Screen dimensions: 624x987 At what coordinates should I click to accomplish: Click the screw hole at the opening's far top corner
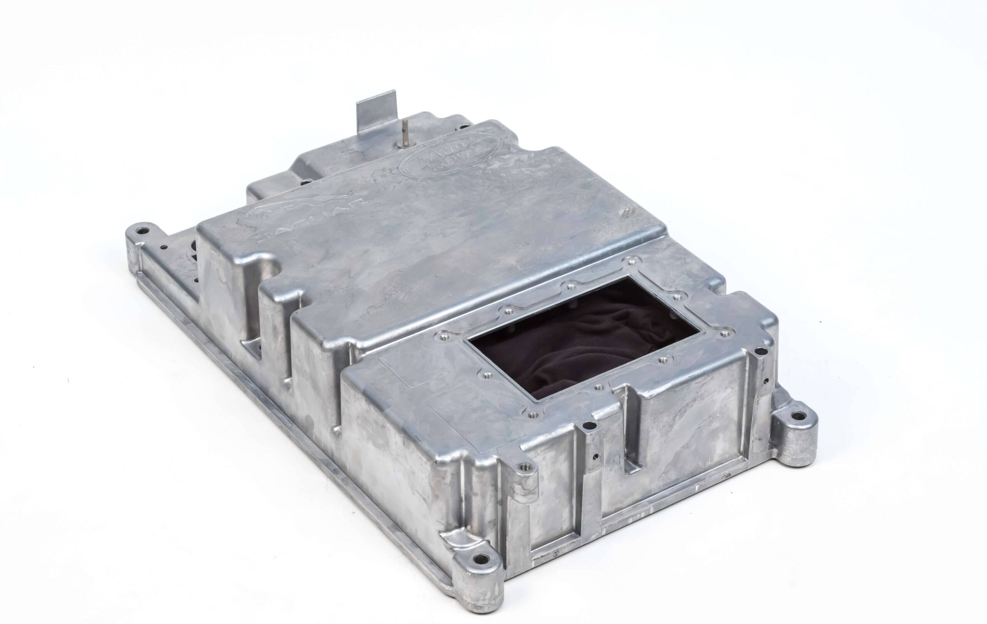pos(631,260)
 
